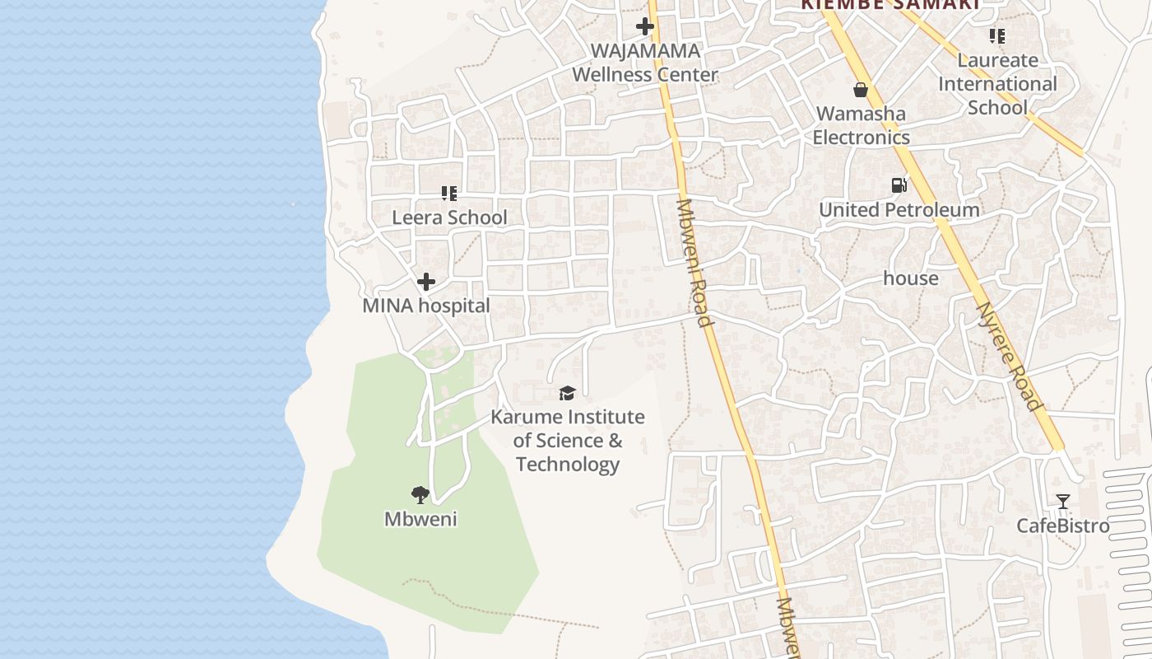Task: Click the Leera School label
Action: [449, 217]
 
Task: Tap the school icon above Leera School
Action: [449, 194]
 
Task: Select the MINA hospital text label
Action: [426, 306]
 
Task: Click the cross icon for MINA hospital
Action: [426, 282]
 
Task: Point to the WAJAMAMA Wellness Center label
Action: [645, 63]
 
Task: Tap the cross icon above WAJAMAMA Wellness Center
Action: [645, 26]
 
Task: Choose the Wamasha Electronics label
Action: [862, 125]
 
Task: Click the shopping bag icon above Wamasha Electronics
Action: [861, 89]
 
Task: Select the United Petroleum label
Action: [899, 210]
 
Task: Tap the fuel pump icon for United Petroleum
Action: [899, 185]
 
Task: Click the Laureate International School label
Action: [997, 84]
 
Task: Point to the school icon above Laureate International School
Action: [997, 36]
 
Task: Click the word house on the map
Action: [911, 278]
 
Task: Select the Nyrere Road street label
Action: [1009, 358]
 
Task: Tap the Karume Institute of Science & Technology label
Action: [568, 441]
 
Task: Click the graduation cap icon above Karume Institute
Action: [568, 393]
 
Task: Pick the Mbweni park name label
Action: [420, 520]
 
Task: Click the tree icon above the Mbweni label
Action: [420, 494]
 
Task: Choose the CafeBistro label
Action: [1063, 526]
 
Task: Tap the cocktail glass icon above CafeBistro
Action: [1063, 501]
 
